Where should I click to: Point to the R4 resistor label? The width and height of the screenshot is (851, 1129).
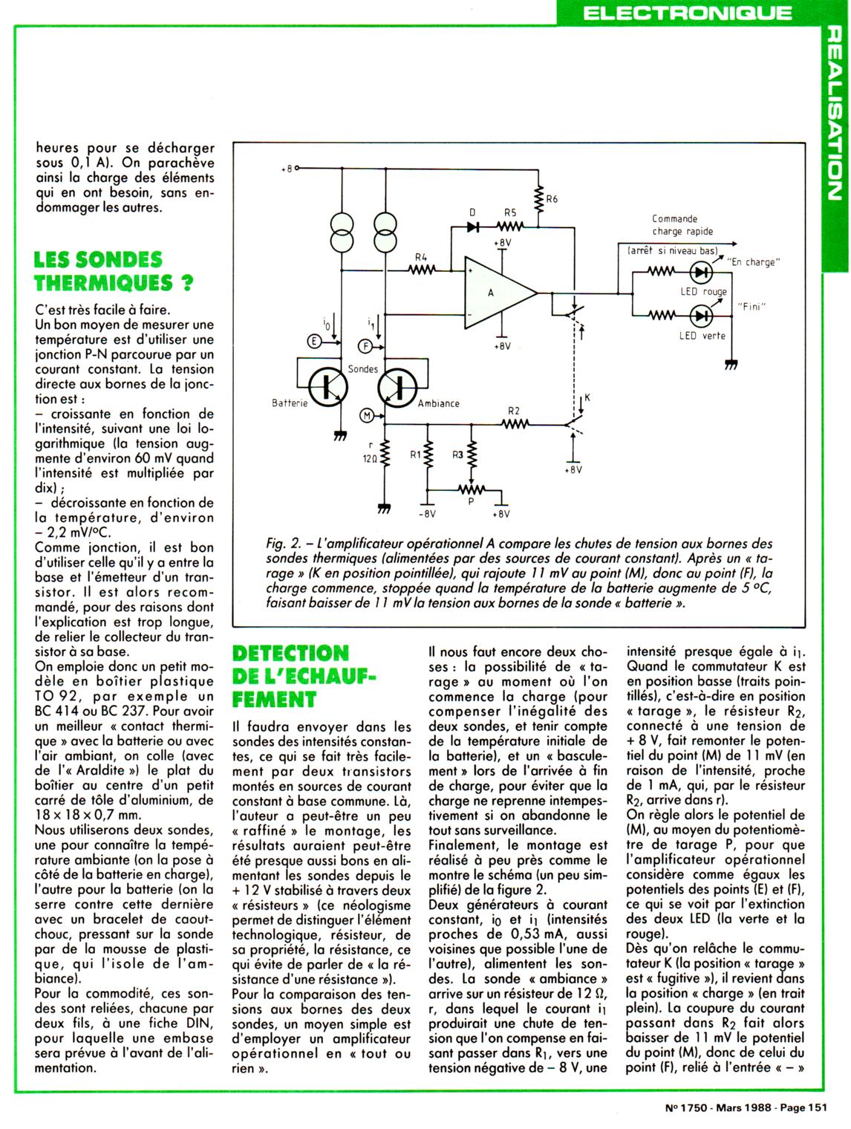[x=422, y=257]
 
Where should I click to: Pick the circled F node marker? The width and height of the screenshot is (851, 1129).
[x=365, y=345]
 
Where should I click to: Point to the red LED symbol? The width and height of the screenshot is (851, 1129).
[x=700, y=273]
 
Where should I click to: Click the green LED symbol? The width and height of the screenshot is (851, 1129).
[x=700, y=315]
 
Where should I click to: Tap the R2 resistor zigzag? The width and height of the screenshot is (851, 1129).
[x=515, y=424]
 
